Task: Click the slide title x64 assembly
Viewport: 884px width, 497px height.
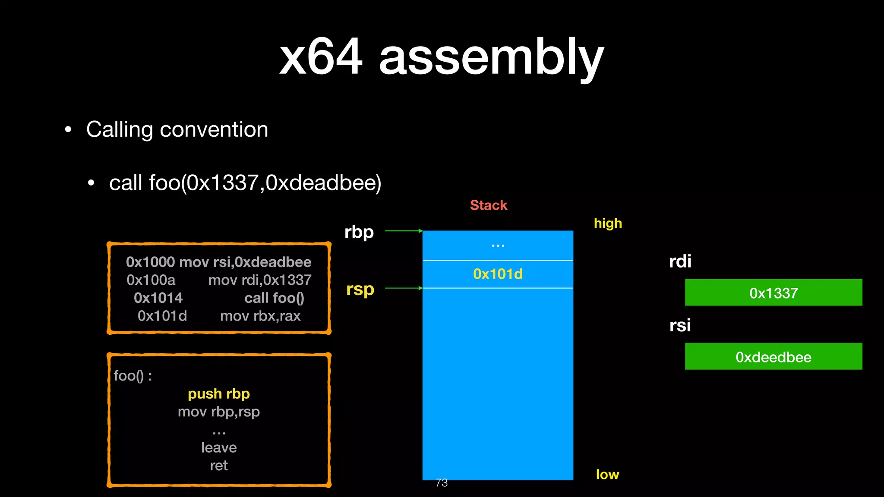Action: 441,57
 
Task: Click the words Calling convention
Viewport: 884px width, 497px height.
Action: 177,129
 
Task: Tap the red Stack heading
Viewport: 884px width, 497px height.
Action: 488,205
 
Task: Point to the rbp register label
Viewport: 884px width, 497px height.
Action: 359,232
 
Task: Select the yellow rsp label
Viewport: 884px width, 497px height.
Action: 360,289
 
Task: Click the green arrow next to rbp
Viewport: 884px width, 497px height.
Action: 403,231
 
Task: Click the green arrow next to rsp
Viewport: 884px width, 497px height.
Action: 403,288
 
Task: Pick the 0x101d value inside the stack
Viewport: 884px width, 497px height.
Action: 498,274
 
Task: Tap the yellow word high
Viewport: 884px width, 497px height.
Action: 607,223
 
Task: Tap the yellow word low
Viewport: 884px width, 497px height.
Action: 607,475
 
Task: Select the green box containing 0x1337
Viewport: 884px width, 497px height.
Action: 773,293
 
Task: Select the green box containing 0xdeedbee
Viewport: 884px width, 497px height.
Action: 773,357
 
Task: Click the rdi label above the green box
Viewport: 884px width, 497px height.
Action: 680,261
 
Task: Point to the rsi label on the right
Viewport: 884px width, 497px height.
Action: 680,325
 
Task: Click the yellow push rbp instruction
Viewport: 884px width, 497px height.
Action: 219,394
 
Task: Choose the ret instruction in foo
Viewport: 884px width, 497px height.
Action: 219,466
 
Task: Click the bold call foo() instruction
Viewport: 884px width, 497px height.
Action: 274,298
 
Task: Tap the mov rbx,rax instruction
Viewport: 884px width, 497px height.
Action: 260,316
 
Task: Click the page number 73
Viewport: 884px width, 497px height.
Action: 442,483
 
